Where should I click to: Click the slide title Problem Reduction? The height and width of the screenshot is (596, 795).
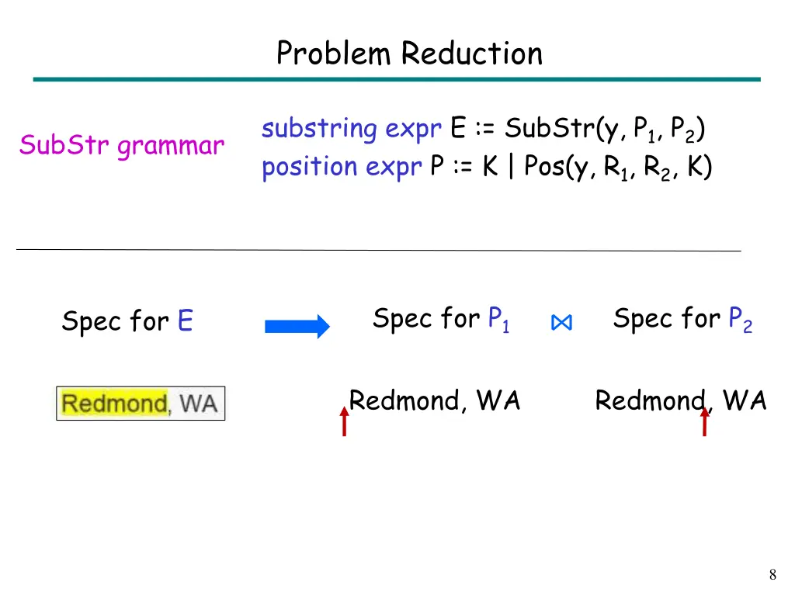tap(409, 54)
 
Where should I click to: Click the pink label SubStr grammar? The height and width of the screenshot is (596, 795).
tap(122, 145)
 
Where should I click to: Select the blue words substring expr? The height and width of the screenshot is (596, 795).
tap(352, 129)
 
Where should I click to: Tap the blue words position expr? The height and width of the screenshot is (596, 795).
tap(342, 167)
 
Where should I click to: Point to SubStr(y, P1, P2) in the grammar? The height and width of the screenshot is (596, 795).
tap(604, 130)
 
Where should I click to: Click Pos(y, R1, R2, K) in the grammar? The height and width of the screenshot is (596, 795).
tap(618, 168)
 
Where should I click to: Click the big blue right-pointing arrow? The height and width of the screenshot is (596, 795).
tap(297, 327)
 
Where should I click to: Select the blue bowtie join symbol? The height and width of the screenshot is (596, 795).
tap(561, 324)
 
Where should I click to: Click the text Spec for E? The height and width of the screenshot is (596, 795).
tap(127, 321)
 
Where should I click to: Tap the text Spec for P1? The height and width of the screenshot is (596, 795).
tap(441, 319)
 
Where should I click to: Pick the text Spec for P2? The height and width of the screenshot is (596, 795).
tap(682, 319)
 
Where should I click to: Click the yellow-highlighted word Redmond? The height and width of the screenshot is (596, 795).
tap(114, 404)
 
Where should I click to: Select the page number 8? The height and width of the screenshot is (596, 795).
tap(772, 575)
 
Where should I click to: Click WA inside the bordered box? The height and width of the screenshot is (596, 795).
tap(198, 404)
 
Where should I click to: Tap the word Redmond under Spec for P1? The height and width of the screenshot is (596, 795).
tap(405, 400)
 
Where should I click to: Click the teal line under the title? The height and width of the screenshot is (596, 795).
tap(397, 79)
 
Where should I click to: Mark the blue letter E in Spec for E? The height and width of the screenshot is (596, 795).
tap(185, 321)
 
